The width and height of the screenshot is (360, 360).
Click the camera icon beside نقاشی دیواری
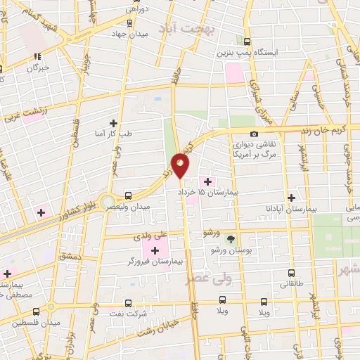pyautogui.click(x=254, y=134)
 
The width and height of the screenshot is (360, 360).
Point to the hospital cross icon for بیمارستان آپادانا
pyautogui.click(x=291, y=198)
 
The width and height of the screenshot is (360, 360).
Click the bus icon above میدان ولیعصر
pyautogui.click(x=127, y=195)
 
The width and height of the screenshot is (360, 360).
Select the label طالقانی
pyautogui.click(x=292, y=285)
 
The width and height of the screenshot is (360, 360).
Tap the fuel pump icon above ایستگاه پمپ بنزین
pyautogui.click(x=247, y=41)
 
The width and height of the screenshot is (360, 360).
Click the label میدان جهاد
pyautogui.click(x=132, y=32)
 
